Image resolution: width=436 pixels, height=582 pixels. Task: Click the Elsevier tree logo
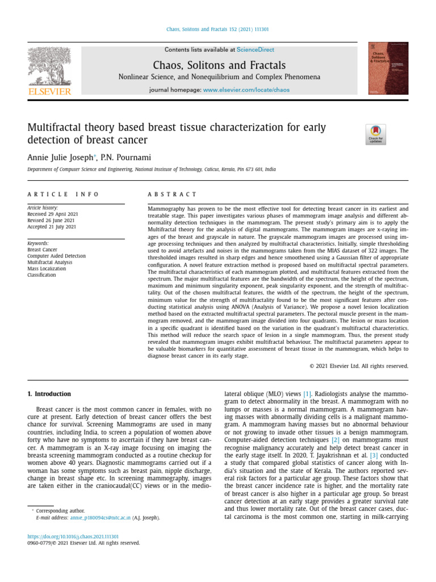49,67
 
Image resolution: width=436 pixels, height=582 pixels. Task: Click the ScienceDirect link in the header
255,50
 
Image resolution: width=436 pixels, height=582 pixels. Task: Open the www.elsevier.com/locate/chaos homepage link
246,90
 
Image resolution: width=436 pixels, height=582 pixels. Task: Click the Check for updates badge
376,134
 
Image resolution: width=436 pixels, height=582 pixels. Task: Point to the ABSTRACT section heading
172,194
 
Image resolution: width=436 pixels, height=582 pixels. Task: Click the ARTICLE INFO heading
63,194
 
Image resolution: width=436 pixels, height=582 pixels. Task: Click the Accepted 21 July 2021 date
52,227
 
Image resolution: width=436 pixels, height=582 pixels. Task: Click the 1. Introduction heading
49,394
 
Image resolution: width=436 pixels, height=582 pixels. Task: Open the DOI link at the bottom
73,536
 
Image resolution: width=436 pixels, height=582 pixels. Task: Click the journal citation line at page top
218,29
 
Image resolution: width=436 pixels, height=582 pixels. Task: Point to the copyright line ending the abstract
358,366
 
